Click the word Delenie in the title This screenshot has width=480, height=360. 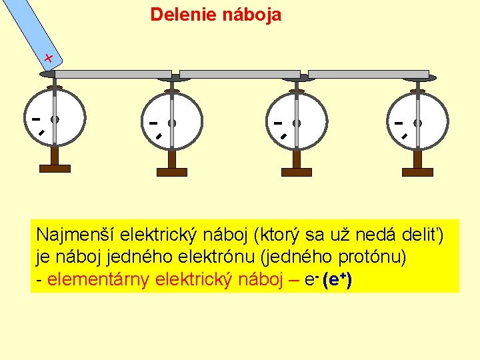click(179, 15)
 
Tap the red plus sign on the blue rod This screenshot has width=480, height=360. click(49, 58)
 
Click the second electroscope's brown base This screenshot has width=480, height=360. click(171, 172)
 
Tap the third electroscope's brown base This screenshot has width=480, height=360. click(296, 172)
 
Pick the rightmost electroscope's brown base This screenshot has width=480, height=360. click(418, 172)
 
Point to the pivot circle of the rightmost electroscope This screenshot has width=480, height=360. click(418, 123)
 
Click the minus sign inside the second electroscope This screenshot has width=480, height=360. click(153, 123)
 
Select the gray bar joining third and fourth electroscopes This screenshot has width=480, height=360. click(367, 74)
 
